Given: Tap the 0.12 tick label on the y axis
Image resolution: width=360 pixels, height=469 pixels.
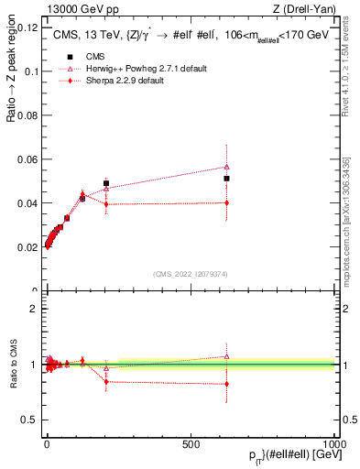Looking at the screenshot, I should coord(27,27).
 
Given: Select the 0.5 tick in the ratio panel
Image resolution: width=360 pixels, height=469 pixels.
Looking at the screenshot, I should coord(30,420).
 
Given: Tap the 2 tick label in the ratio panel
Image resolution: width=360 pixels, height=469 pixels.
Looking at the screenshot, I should coord(33,309).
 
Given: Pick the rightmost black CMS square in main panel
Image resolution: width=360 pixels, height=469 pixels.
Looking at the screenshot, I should coord(226,179).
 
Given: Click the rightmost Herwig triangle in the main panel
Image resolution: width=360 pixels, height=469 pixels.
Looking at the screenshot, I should coord(226,167).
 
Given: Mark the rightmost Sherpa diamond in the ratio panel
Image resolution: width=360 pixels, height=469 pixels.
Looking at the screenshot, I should coord(226,384).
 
